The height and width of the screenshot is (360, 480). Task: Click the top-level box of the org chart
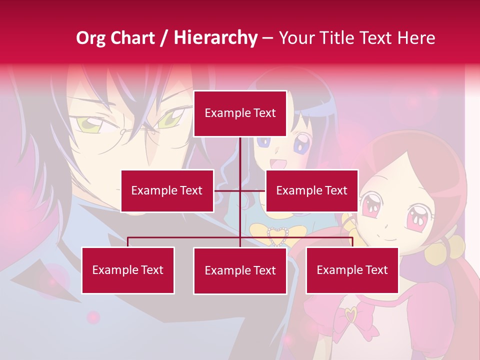tap(240, 113)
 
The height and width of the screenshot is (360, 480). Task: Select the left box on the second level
tap(167, 190)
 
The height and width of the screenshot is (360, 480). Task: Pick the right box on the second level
tap(311, 190)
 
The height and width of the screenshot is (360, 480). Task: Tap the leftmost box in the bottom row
tap(128, 270)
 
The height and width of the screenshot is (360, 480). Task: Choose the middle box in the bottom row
tap(240, 270)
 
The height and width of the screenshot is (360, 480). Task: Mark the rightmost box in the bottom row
tap(352, 270)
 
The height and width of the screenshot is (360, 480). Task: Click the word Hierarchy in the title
tap(215, 37)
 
